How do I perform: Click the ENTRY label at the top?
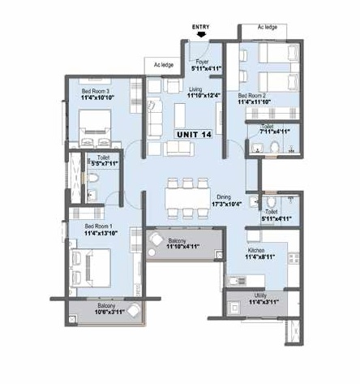201,26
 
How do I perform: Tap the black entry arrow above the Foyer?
200,35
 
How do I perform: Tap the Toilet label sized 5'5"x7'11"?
103,159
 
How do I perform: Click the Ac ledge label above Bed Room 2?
268,27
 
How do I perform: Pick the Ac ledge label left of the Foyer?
162,63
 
